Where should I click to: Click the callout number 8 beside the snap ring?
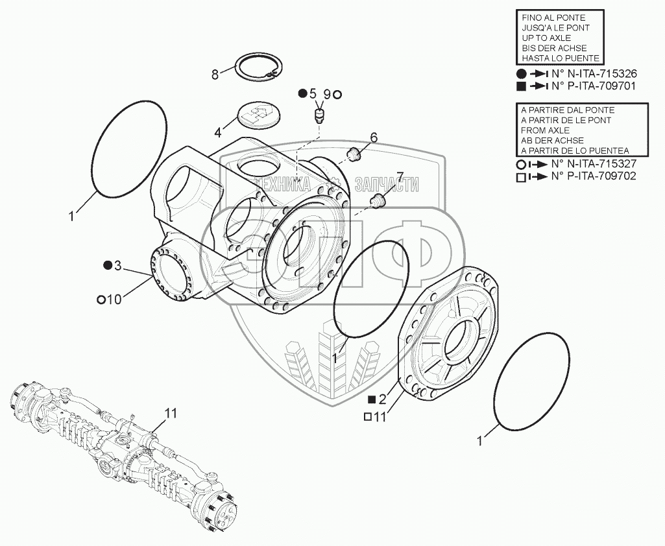[215, 75]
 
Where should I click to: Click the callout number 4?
[217, 133]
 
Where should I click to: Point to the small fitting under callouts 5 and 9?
[319, 116]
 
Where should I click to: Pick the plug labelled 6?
[354, 154]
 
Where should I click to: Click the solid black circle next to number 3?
[108, 265]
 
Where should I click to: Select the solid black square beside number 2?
[372, 399]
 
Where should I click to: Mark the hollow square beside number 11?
[367, 418]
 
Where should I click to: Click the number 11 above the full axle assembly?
[170, 413]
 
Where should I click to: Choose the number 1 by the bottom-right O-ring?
[479, 442]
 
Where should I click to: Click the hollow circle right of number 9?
[337, 95]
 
